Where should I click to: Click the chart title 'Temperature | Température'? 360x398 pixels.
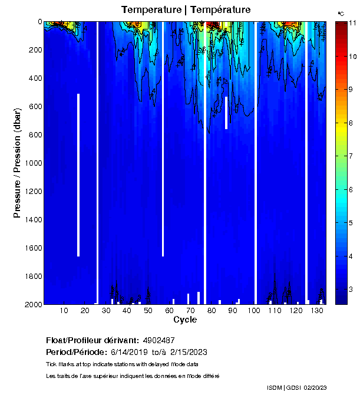click(x=186, y=10)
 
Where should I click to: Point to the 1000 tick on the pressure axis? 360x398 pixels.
click(x=33, y=163)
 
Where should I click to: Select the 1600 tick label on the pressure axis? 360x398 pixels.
click(x=33, y=248)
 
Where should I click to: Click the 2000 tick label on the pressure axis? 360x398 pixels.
click(x=33, y=304)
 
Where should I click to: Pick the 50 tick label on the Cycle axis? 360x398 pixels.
click(x=148, y=311)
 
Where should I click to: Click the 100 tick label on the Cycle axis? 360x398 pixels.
click(x=253, y=311)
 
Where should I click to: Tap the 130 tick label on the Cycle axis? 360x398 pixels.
click(x=316, y=311)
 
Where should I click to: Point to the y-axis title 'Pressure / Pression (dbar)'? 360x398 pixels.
click(x=18, y=163)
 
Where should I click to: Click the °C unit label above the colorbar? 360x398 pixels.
click(x=341, y=13)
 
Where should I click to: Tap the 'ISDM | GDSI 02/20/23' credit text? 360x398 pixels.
click(x=298, y=387)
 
